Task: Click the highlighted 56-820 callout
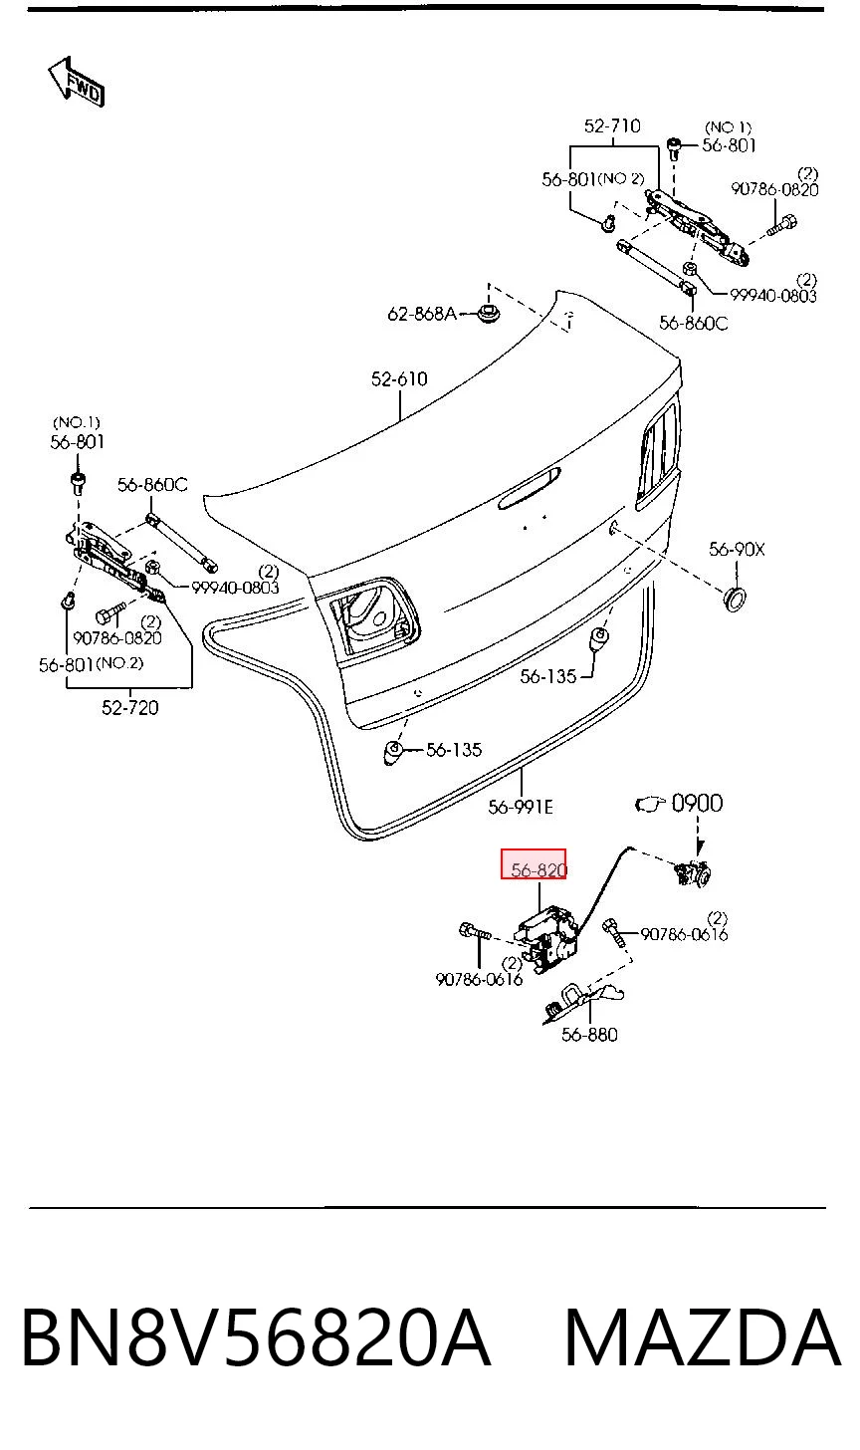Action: coord(534,864)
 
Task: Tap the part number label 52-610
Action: coord(399,378)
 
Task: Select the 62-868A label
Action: coord(422,314)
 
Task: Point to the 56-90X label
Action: coord(737,550)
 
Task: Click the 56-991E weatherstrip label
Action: coord(521,808)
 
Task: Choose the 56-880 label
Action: coord(589,1035)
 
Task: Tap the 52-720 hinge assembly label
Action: coord(130,707)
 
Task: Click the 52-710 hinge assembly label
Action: coord(612,125)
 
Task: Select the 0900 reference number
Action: coord(697,804)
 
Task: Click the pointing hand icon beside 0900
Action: coord(650,804)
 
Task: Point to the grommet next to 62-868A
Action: coord(488,314)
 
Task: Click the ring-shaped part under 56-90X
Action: coord(735,600)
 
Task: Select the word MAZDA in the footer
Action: coord(703,1337)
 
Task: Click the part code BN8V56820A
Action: coord(255,1337)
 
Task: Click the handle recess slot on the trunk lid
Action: coord(530,489)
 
